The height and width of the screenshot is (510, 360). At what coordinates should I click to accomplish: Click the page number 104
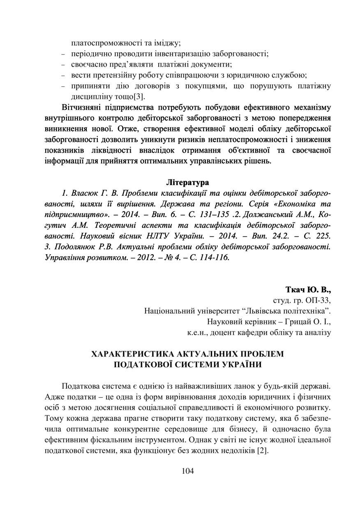point(187,471)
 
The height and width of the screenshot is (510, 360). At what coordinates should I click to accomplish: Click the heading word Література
point(188,182)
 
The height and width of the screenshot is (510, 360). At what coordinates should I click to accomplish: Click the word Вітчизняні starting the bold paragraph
point(83,108)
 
